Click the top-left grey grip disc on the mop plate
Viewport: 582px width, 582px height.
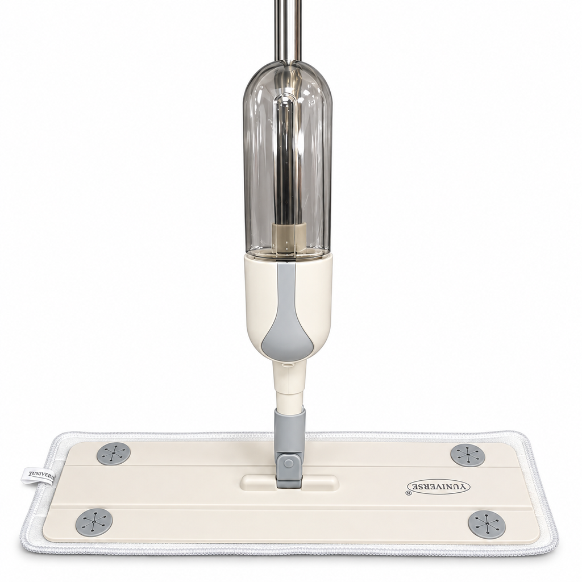pos(114,453)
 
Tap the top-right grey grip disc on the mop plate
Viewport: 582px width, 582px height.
pos(468,454)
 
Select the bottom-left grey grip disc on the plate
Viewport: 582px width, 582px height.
pos(94,522)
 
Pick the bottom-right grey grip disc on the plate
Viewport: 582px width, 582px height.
pos(487,523)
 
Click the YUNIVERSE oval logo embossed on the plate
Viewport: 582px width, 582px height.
pos(438,487)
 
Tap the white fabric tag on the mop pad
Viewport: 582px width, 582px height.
pos(37,475)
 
